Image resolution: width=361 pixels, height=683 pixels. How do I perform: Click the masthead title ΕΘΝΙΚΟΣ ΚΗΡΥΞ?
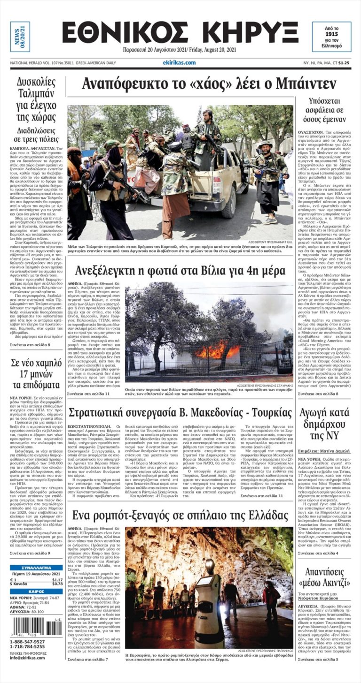coord(180,32)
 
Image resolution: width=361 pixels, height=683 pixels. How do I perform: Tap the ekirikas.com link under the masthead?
coord(179,62)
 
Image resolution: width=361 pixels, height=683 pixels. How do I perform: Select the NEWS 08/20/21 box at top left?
coord(20,36)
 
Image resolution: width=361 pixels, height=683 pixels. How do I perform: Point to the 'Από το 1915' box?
coord(331,37)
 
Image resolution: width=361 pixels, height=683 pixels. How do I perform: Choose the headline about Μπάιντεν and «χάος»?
coord(209,84)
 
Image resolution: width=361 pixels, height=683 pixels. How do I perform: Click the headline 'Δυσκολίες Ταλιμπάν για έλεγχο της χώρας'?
coord(37,99)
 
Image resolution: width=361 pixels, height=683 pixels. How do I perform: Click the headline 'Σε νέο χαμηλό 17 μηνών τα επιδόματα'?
coord(37,373)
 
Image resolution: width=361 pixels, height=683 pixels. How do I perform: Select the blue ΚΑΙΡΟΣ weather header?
coord(36,591)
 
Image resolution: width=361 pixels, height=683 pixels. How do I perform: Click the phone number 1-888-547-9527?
coord(28,642)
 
